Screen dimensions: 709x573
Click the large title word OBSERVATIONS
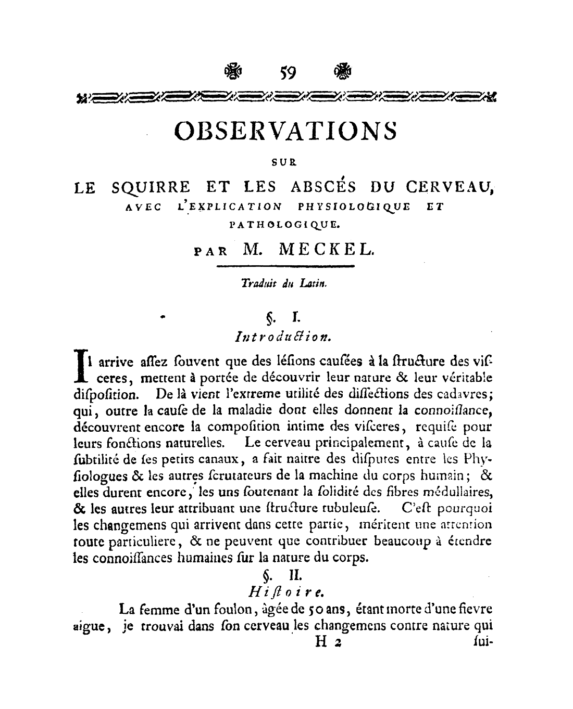[x=286, y=131]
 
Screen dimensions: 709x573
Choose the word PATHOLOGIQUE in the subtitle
[x=284, y=225]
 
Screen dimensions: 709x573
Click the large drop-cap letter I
[x=80, y=364]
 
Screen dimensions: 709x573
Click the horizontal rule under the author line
[x=284, y=267]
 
